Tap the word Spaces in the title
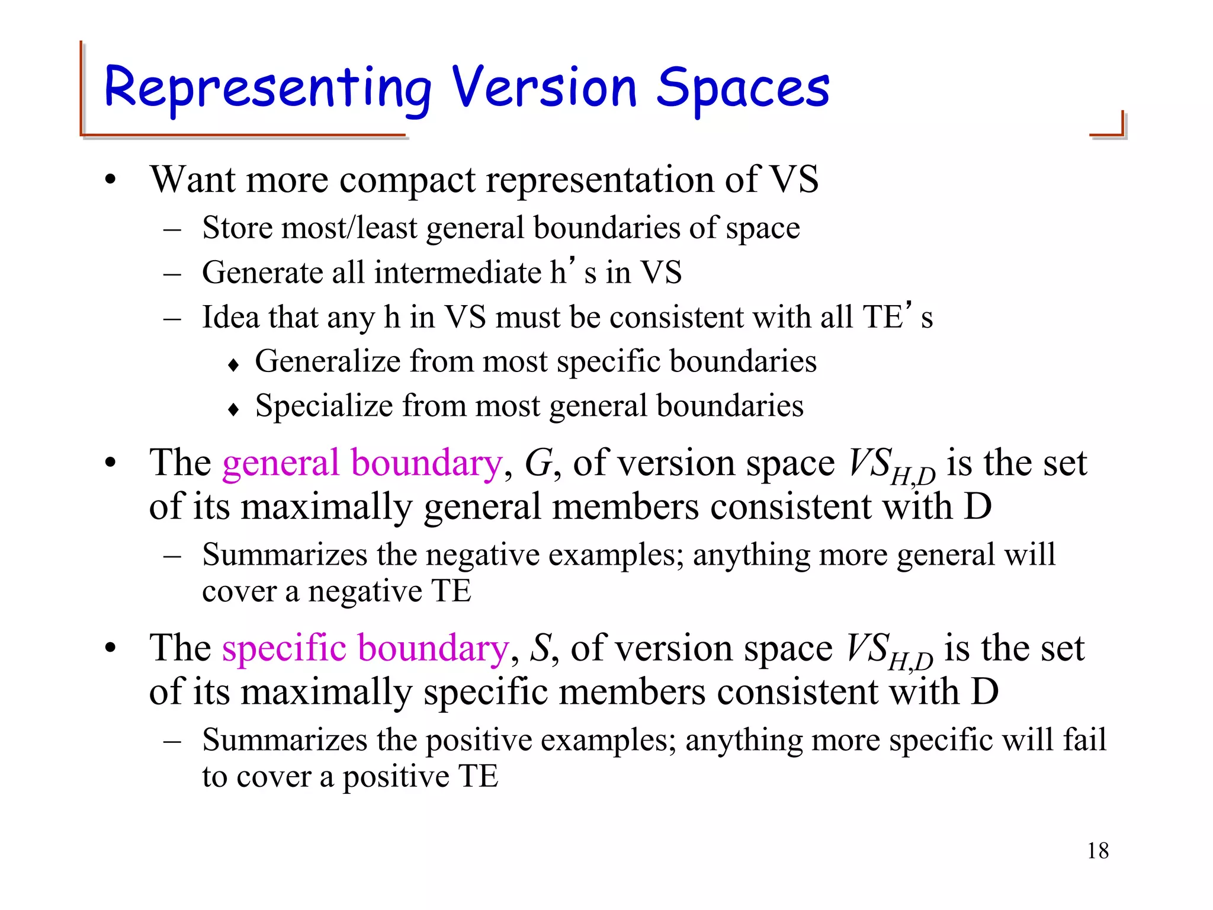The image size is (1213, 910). pos(743,89)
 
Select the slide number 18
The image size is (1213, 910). pos(1098,851)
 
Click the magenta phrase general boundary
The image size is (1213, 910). pos(362,463)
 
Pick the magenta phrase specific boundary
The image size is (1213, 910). pos(365,648)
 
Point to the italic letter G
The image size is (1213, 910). pos(538,463)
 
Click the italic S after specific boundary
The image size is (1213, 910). pos(540,648)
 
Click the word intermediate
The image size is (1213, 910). pos(457,273)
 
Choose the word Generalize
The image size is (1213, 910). pos(328,361)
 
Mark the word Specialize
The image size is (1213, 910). pos(324,406)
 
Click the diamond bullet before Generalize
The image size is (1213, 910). pos(233,364)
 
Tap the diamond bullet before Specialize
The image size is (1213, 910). pos(233,409)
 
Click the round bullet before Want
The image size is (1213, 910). pos(111,180)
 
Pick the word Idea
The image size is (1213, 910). pos(230,317)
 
